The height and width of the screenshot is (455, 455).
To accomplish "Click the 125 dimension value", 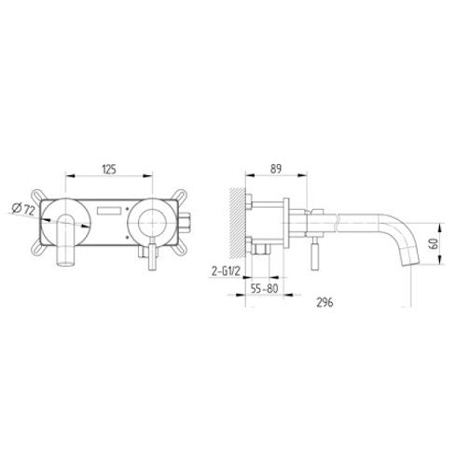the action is (109, 170).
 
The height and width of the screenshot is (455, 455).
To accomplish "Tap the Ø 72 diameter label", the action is (23, 209).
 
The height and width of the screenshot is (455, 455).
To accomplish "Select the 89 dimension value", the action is (276, 169).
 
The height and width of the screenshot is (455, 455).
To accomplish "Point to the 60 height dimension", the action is (434, 243).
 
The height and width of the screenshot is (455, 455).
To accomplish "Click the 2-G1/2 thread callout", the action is (226, 271).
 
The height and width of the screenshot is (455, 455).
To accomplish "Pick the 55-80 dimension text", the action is (264, 289).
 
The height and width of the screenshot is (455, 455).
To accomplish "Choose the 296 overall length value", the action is (324, 302).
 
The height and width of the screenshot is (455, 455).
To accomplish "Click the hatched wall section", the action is (238, 223).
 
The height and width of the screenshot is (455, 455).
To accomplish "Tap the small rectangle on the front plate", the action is (109, 211).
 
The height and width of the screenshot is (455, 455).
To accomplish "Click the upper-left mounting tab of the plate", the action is (38, 195).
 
